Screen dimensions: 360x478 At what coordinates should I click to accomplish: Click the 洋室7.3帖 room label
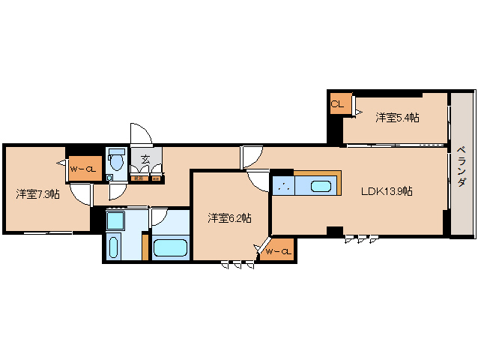pyautogui.click(x=37, y=194)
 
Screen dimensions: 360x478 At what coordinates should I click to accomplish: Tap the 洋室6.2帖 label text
pyautogui.click(x=229, y=217)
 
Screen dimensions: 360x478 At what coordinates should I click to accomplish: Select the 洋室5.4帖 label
pyautogui.click(x=397, y=117)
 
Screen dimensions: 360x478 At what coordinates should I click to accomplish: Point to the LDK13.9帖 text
pyautogui.click(x=387, y=191)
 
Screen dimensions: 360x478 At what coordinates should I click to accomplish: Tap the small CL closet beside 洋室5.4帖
pyautogui.click(x=337, y=103)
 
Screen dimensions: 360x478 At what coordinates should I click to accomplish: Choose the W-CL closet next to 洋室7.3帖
pyautogui.click(x=82, y=169)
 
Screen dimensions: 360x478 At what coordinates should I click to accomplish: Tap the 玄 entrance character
pyautogui.click(x=145, y=158)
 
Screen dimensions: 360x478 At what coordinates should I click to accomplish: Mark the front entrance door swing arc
pyautogui.click(x=141, y=133)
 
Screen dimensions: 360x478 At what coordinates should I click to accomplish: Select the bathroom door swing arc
pyautogui.click(x=158, y=217)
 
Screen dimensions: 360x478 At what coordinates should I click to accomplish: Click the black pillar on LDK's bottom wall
pyautogui.click(x=334, y=230)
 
